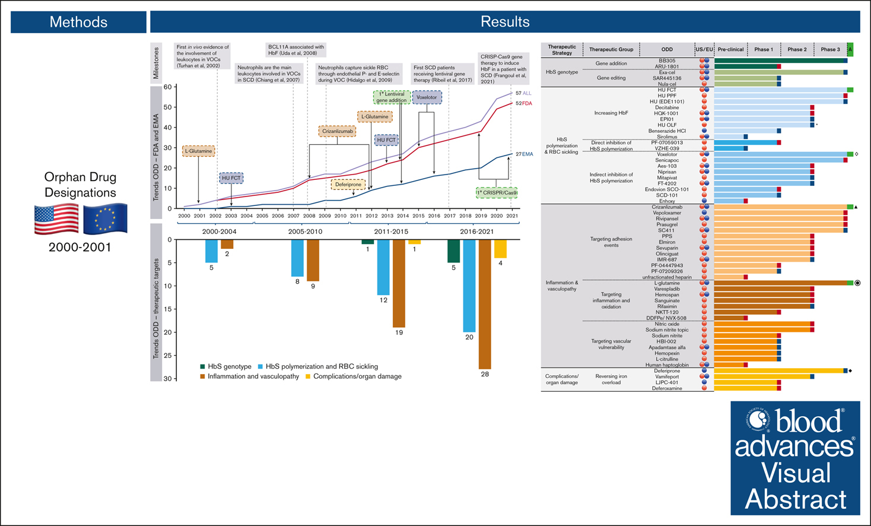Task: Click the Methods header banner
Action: pos(78,22)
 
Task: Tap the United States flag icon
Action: pos(56,219)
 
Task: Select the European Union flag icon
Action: pos(105,219)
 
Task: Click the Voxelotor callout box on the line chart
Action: pos(427,97)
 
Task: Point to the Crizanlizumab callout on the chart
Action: pos(337,131)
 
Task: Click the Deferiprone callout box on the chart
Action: pos(348,185)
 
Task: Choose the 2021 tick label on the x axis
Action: pos(511,216)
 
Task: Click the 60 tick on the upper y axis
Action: pos(168,87)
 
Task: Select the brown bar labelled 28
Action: pos(485,304)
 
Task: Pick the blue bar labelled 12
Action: pos(383,267)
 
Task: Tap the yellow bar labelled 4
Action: pos(500,249)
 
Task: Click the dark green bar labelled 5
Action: pos(453,251)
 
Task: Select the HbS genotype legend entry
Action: pos(225,367)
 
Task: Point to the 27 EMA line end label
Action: pos(523,154)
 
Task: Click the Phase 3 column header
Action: pos(830,49)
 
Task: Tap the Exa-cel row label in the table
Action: pos(666,72)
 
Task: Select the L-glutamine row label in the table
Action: pos(666,283)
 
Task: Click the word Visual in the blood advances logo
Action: pos(795,474)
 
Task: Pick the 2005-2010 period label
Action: pos(305,232)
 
